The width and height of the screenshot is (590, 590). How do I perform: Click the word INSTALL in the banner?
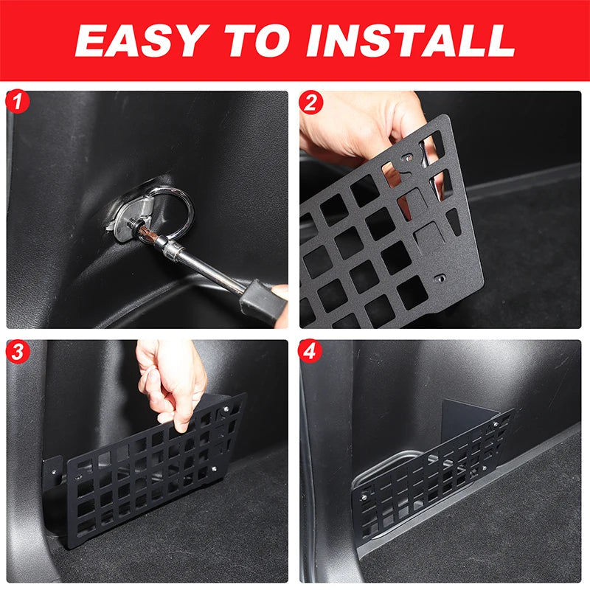[x=411, y=41]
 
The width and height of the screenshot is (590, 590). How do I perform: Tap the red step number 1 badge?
[x=18, y=101]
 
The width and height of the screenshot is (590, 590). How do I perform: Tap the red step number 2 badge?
[x=310, y=102]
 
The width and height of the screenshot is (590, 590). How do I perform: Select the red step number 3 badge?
[x=18, y=351]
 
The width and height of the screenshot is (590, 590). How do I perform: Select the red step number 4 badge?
[x=310, y=351]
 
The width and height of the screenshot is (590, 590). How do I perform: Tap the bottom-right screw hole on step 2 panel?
[x=440, y=279]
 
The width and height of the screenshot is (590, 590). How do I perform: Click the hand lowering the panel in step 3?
[x=172, y=383]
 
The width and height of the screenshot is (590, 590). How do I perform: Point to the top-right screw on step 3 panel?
[x=226, y=409]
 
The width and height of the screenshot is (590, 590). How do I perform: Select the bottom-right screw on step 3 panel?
[x=214, y=469]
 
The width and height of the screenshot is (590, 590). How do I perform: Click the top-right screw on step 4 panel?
[x=496, y=425]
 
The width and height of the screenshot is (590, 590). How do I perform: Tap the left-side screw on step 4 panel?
[x=364, y=497]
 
